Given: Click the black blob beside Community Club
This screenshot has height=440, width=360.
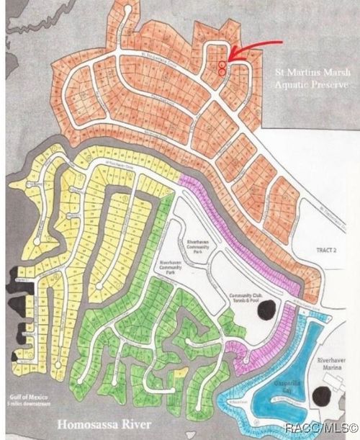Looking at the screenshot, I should [x=268, y=310].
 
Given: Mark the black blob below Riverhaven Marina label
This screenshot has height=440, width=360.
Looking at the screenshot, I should [x=323, y=395].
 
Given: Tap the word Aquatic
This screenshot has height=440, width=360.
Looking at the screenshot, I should [x=292, y=85].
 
